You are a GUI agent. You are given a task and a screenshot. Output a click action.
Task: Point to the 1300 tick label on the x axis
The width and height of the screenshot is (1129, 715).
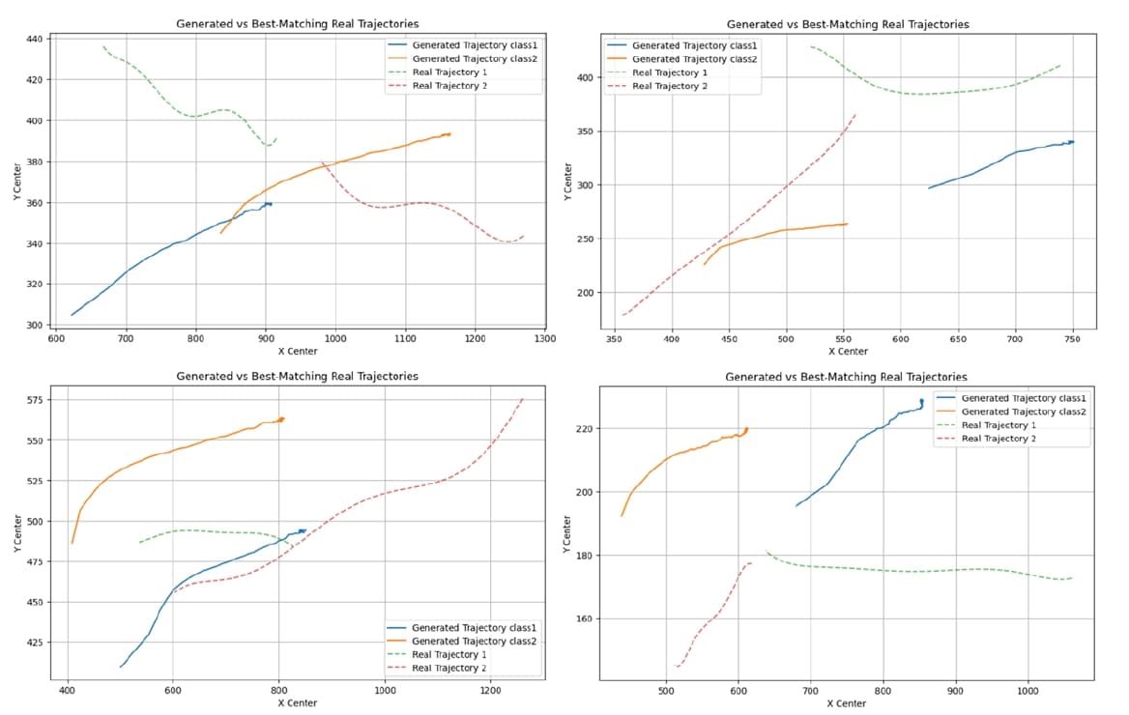tap(545, 339)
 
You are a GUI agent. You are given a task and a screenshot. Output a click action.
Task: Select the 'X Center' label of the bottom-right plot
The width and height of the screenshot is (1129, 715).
tap(846, 703)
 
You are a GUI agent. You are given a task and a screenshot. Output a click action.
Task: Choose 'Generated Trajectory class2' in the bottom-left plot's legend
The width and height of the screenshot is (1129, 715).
tap(474, 641)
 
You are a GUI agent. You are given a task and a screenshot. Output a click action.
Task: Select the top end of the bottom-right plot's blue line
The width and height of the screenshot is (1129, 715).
tap(921, 400)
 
